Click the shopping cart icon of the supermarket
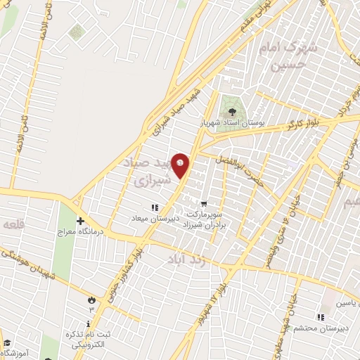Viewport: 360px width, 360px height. pos(204,202)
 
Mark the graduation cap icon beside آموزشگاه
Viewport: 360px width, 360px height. pos(7,342)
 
